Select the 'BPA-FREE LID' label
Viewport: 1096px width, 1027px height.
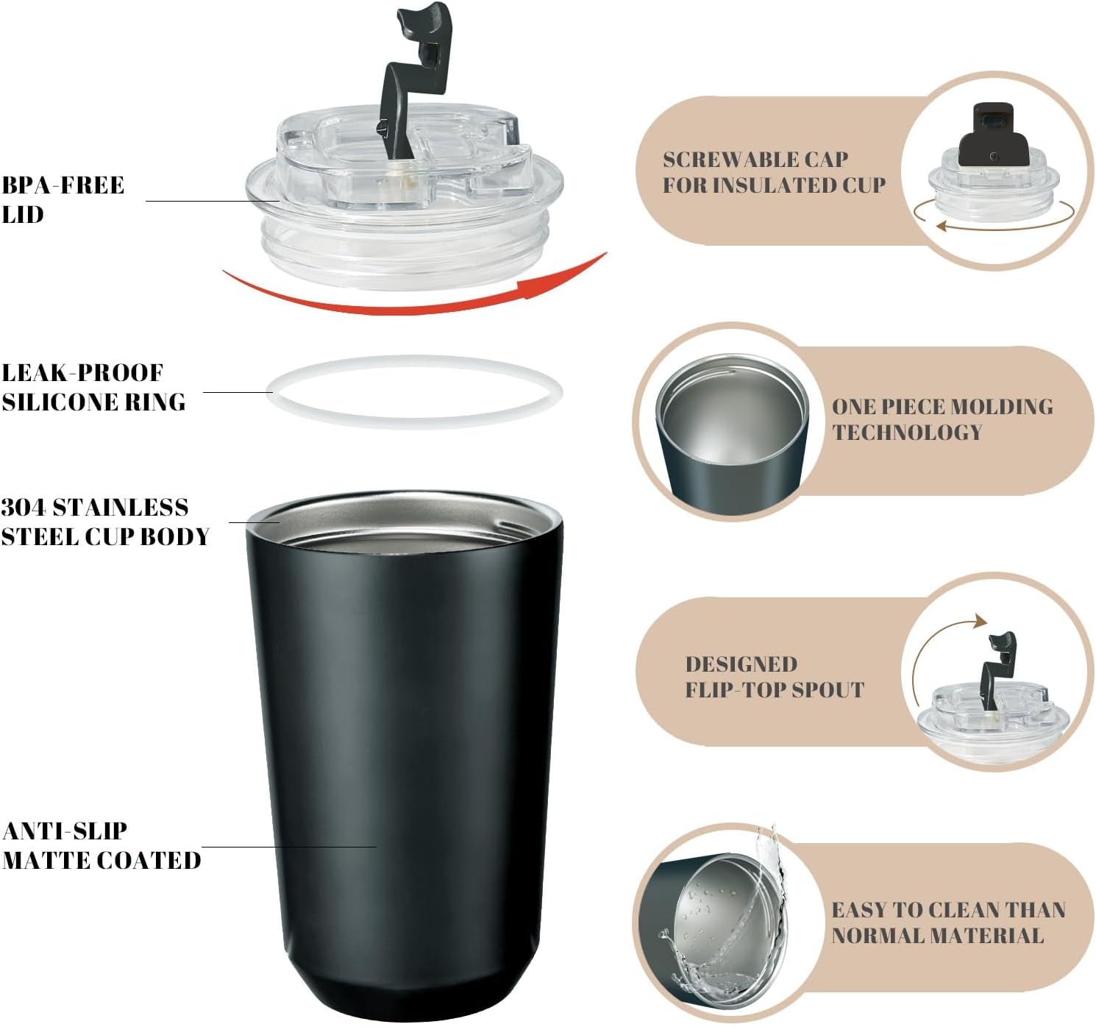point(63,199)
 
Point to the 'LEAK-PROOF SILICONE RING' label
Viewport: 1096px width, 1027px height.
point(93,387)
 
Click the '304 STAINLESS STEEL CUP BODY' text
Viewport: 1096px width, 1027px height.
point(104,522)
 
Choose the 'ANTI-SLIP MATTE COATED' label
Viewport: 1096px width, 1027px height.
point(101,845)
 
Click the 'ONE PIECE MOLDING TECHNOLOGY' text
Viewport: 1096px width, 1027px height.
point(942,419)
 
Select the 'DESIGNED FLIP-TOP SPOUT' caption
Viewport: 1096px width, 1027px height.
point(774,676)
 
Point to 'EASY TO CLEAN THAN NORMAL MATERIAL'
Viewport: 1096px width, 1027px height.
point(947,922)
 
